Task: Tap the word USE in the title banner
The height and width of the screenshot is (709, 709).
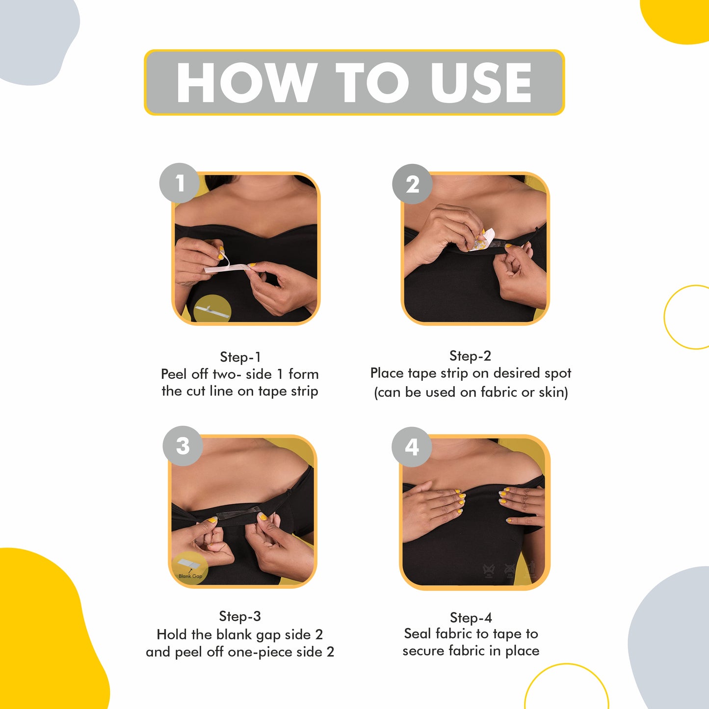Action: click(481, 82)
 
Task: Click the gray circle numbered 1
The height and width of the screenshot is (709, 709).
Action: click(180, 183)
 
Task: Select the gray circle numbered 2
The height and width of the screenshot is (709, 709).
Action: click(412, 184)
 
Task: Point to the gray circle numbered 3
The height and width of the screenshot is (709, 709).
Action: click(183, 446)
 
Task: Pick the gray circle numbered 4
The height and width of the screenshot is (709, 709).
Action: click(412, 447)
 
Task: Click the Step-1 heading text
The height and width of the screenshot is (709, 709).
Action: click(240, 357)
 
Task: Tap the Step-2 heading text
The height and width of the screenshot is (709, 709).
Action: click(470, 356)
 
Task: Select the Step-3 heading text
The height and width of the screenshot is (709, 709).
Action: click(240, 616)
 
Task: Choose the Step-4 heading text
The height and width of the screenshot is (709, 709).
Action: click(471, 617)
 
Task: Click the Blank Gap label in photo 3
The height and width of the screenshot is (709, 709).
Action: click(190, 576)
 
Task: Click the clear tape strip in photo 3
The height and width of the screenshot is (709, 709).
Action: click(239, 512)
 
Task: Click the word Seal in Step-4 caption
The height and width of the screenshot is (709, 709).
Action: click(418, 633)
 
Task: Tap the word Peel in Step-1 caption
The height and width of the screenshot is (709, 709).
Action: click(174, 374)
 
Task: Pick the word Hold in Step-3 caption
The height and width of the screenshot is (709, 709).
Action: click(172, 634)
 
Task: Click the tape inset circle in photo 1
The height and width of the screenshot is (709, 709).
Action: click(212, 308)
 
